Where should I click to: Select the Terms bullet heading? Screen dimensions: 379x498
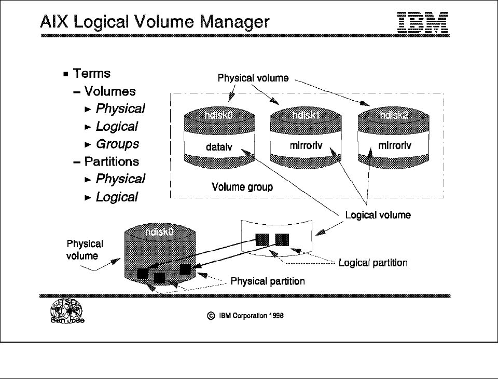tap(92, 74)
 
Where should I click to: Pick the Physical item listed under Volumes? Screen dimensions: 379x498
tap(120, 109)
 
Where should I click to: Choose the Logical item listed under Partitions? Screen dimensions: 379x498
tap(117, 197)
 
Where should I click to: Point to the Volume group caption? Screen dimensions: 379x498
tap(242, 187)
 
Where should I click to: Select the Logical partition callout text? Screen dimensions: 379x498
tap(372, 263)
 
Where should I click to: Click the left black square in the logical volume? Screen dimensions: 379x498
tap(262, 239)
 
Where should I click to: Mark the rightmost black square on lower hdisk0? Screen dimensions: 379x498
tap(186, 269)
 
